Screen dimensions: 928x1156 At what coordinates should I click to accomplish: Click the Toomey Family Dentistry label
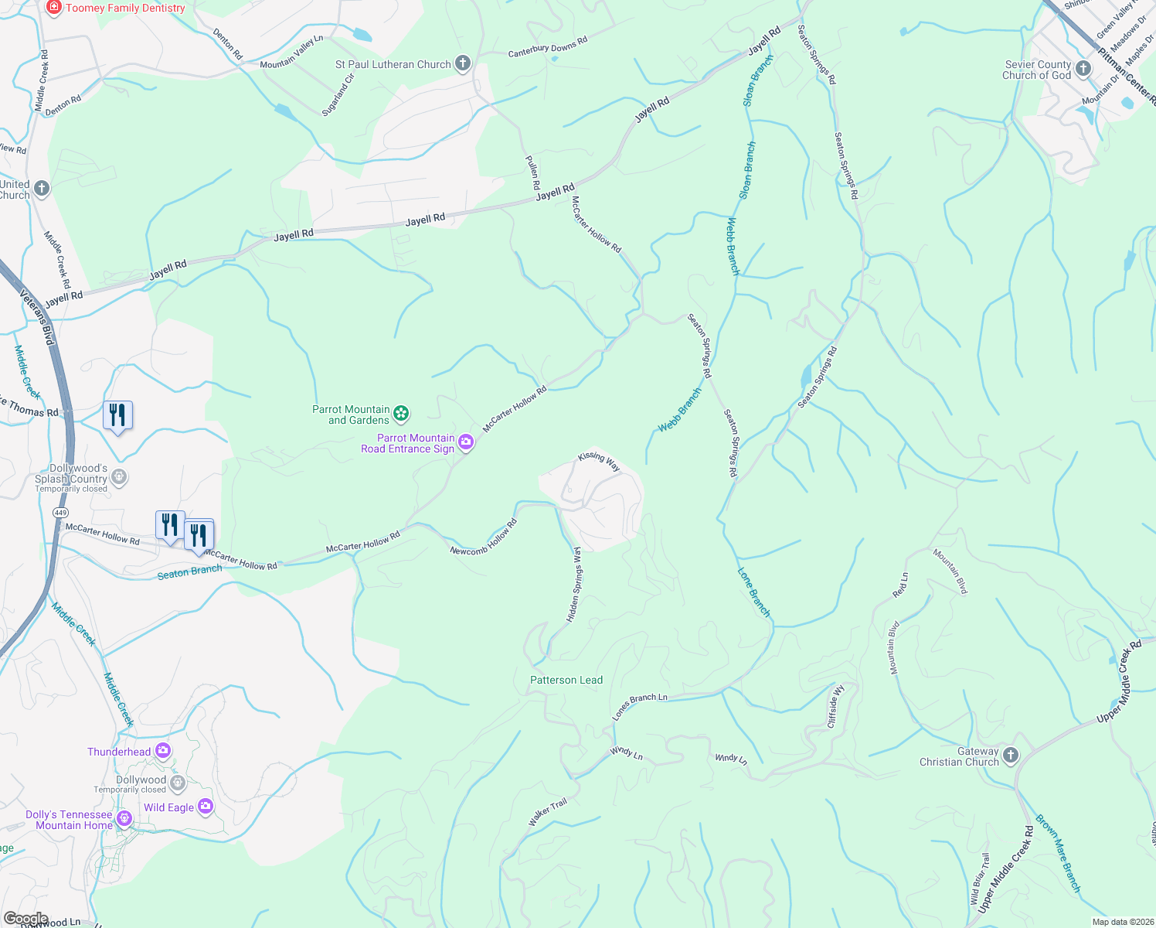point(125,9)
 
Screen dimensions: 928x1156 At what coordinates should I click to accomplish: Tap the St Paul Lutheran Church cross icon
point(463,64)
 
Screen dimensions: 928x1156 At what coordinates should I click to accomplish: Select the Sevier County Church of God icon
point(1083,70)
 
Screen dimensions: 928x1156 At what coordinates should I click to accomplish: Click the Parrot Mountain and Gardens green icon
point(401,415)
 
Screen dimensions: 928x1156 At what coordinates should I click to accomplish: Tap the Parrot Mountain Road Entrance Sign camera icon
point(466,442)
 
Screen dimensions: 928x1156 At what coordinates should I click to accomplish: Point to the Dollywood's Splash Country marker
point(119,477)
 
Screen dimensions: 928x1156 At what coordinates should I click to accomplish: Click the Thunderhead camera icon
point(163,751)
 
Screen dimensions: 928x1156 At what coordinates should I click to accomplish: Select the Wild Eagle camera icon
point(206,807)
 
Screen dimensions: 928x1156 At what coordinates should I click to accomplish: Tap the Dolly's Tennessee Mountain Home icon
point(124,817)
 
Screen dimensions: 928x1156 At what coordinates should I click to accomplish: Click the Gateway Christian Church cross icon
point(1011,756)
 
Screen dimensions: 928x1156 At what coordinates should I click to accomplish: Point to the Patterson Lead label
point(566,680)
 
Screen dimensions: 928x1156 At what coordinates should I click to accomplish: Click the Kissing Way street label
point(599,461)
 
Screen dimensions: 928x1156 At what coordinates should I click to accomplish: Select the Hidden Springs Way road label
point(575,585)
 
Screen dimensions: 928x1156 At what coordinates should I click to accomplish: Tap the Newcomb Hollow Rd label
point(484,537)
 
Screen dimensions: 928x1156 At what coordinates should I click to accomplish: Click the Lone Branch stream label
point(753,593)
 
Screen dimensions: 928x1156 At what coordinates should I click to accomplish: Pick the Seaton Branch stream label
point(189,571)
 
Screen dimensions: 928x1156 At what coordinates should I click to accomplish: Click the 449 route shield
point(60,513)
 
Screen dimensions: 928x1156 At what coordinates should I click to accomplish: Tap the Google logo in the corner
point(26,918)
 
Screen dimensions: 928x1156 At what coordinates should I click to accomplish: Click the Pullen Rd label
point(532,173)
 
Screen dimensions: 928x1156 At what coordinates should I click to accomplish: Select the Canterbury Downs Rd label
point(548,48)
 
